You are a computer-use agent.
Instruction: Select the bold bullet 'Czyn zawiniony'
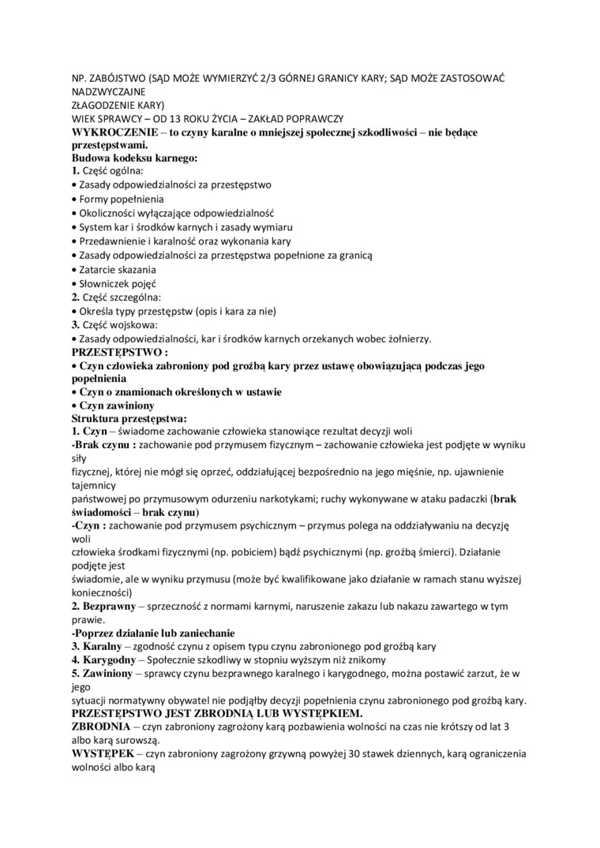tap(114, 405)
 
